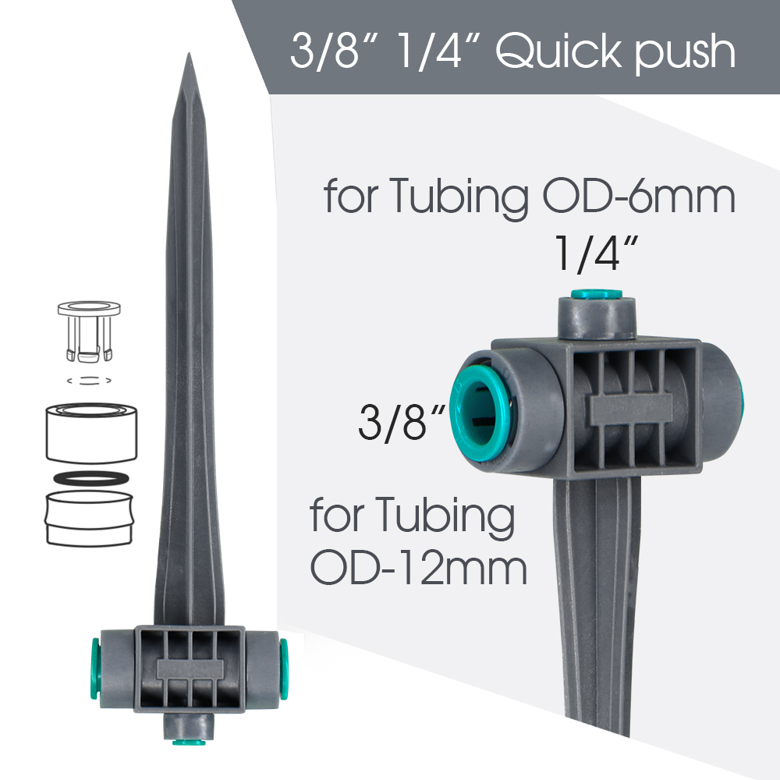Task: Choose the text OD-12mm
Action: tap(420, 569)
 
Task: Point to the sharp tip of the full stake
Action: tap(189, 57)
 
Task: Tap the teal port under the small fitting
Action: tap(189, 741)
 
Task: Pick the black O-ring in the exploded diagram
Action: tap(90, 477)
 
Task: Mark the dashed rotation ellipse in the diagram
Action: tap(90, 381)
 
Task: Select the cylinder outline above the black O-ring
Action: tap(90, 434)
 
